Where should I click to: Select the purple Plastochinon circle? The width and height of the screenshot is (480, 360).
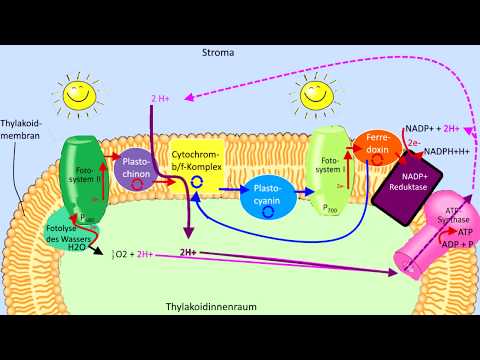coord(135,167)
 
